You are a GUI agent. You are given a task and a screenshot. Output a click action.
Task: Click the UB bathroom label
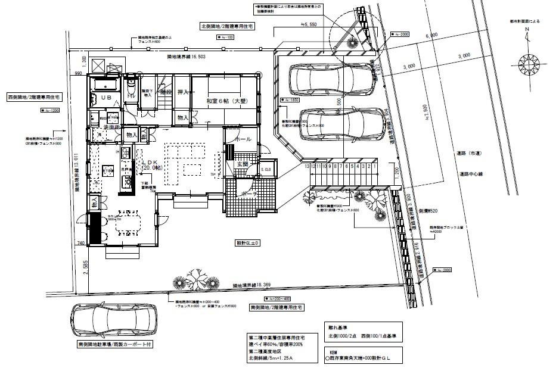106,96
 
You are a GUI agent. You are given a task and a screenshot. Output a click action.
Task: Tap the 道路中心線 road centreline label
475,174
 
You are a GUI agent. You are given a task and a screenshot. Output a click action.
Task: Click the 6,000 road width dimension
431,36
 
